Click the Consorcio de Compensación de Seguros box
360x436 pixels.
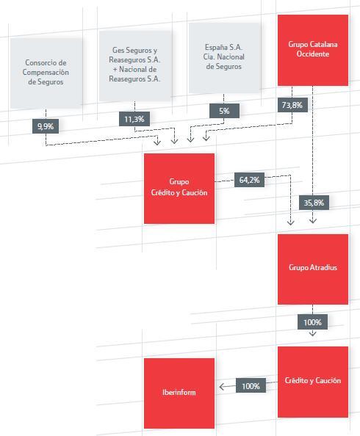pos(46,73)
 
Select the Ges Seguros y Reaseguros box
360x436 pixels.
pos(135,65)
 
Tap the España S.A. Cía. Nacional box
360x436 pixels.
pos(224,58)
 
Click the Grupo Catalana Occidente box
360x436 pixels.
pos(313,50)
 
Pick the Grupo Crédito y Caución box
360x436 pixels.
pos(179,189)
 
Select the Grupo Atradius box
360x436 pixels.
pos(313,269)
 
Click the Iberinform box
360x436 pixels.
pos(179,393)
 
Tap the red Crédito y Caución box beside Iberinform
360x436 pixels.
pos(313,382)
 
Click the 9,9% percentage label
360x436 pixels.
pos(46,126)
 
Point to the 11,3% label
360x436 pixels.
pos(134,119)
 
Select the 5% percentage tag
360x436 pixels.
pos(224,111)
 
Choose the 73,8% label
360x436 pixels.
pos(292,105)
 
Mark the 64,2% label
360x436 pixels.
pos(250,180)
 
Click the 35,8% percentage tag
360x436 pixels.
pos(314,203)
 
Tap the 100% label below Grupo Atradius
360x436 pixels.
pos(313,322)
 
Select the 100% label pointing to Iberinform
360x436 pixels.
pos(251,385)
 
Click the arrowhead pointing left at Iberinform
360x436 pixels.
pos(222,387)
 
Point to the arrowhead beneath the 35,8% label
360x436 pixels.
pos(313,221)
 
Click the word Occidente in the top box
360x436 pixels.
pos(313,54)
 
